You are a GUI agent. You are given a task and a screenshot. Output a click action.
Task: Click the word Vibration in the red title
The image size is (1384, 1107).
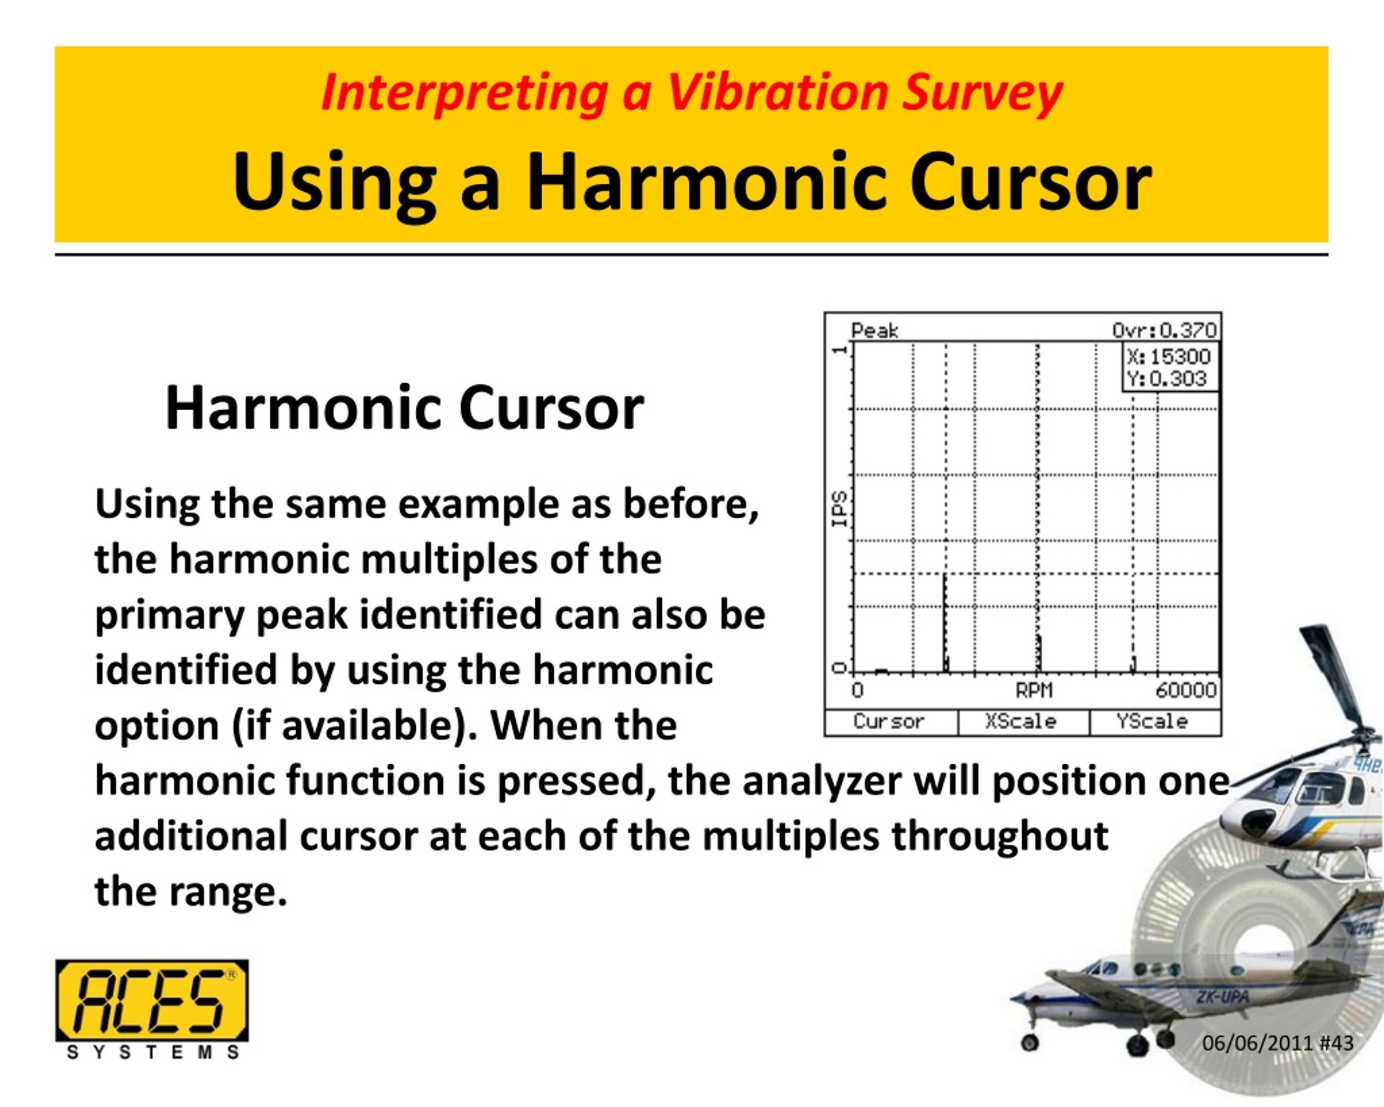click(x=777, y=93)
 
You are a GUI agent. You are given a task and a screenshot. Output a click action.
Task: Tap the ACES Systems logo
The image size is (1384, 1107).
click(x=152, y=1008)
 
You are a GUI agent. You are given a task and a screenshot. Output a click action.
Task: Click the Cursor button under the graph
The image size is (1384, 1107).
click(x=889, y=722)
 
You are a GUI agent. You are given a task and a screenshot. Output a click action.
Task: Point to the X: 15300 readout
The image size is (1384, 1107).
click(x=1168, y=357)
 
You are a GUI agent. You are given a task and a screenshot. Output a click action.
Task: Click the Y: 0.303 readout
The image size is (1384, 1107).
click(x=1167, y=378)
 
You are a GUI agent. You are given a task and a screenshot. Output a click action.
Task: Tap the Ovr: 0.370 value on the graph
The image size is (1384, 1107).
click(x=1165, y=330)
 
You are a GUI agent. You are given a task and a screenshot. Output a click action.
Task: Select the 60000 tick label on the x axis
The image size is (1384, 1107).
click(x=1186, y=690)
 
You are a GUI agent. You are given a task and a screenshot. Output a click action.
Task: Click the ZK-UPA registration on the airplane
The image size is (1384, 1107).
click(x=1222, y=998)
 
